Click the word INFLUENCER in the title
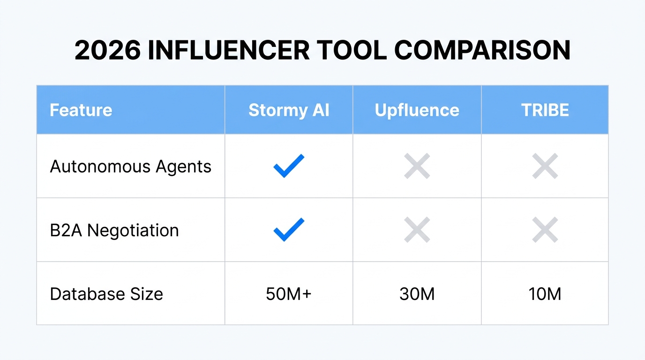(x=228, y=51)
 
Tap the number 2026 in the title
(x=107, y=51)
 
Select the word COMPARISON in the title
(x=482, y=51)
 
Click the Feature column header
(x=81, y=110)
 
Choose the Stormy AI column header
(x=289, y=110)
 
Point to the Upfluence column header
(x=417, y=110)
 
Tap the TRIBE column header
(x=545, y=110)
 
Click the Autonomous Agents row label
(x=130, y=167)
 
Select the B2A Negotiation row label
(x=114, y=231)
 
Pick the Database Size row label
(x=106, y=294)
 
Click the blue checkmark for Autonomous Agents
(x=289, y=166)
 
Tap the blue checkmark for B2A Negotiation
(x=289, y=230)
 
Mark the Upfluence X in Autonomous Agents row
(x=417, y=166)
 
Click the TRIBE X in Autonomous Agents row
(x=545, y=166)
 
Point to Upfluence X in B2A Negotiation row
(x=417, y=230)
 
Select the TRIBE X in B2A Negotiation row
(x=545, y=230)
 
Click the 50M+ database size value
(x=289, y=294)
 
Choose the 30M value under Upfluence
(x=417, y=294)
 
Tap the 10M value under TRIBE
(x=545, y=294)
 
